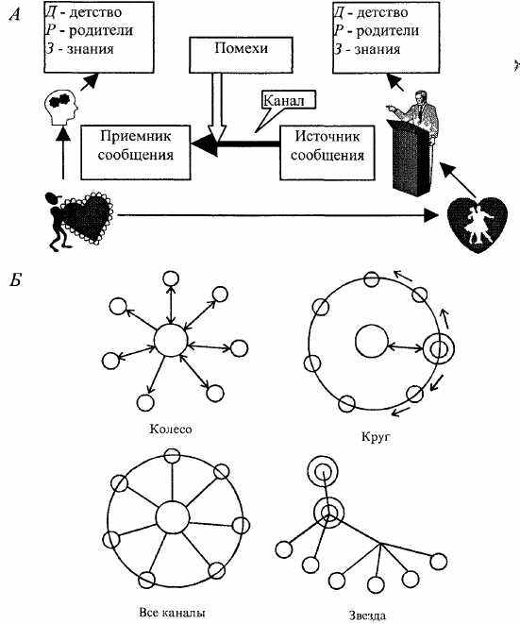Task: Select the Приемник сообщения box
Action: pos(136,152)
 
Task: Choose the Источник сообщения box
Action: pos(327,153)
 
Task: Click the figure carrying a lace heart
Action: pos(78,220)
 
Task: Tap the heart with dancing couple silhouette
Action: pos(478,224)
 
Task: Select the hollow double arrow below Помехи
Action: pos(217,108)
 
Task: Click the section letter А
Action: pos(15,14)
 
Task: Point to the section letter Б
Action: pos(15,280)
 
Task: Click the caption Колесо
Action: pos(171,429)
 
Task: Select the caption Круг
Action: pos(376,437)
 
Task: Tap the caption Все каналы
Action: pos(173,613)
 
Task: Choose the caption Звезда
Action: pos(368,616)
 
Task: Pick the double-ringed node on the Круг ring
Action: pos(439,350)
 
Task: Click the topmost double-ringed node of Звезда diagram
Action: pos(323,472)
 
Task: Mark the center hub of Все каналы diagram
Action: pos(173,517)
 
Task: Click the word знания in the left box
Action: pos(91,49)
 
